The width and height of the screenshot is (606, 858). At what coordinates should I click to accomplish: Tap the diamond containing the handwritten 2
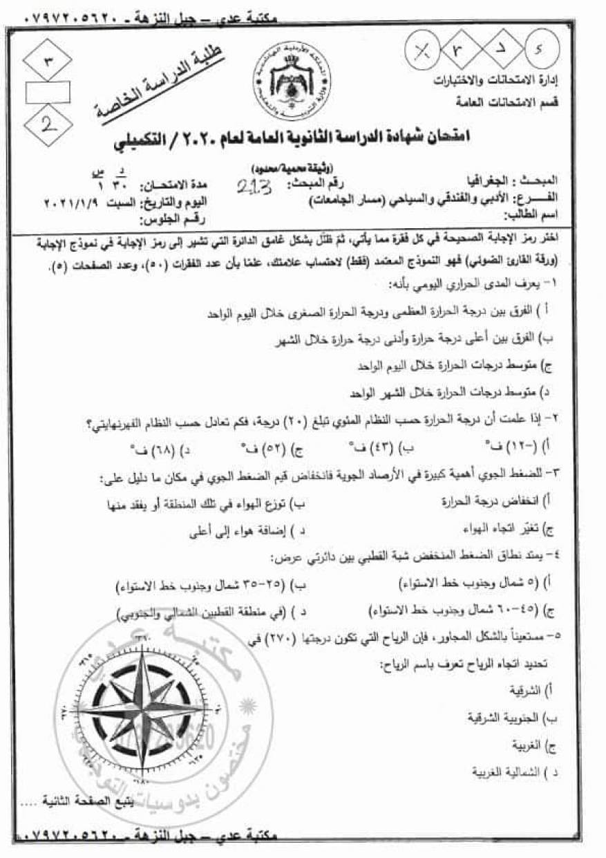[x=47, y=125]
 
